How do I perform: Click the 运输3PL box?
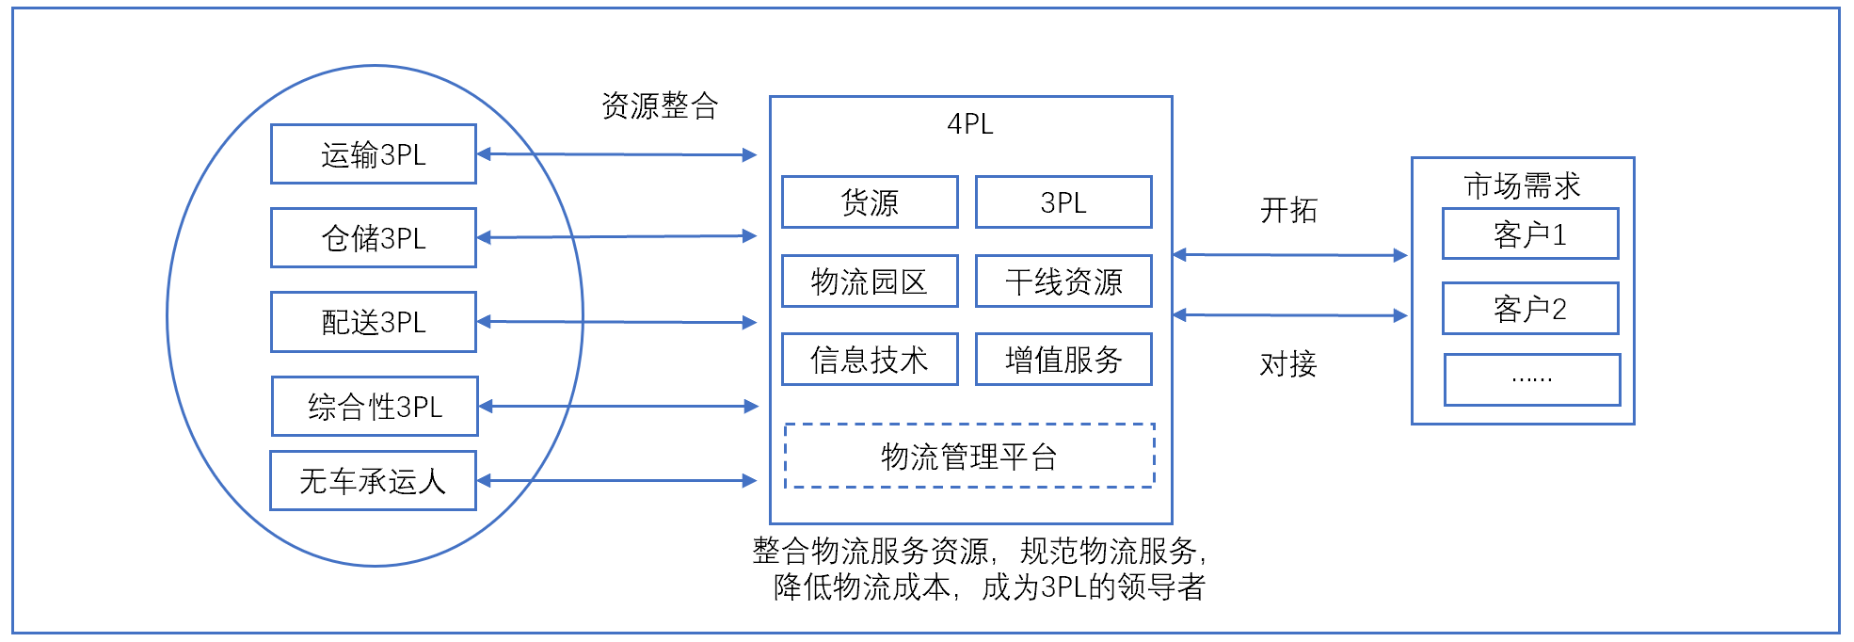click(x=374, y=154)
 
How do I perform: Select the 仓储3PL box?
click(x=374, y=238)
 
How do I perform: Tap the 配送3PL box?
click(x=374, y=322)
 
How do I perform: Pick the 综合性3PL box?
click(x=375, y=407)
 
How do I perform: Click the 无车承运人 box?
click(x=373, y=481)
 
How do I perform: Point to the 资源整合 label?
click(x=660, y=105)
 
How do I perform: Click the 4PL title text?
click(x=969, y=124)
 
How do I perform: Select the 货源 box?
click(x=870, y=202)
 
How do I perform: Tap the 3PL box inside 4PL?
click(x=1063, y=202)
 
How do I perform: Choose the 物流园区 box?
click(x=870, y=281)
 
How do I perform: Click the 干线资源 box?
click(x=1063, y=281)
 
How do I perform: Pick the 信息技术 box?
click(x=870, y=360)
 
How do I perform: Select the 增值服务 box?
click(x=1063, y=360)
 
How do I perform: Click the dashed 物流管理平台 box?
click(x=969, y=457)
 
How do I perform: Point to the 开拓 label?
click(x=1288, y=210)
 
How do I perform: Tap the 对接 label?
click(x=1288, y=364)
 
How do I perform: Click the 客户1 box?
click(x=1530, y=234)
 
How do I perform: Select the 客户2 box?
click(x=1530, y=309)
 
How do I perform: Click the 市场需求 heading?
click(x=1522, y=185)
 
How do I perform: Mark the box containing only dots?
click(x=1532, y=380)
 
